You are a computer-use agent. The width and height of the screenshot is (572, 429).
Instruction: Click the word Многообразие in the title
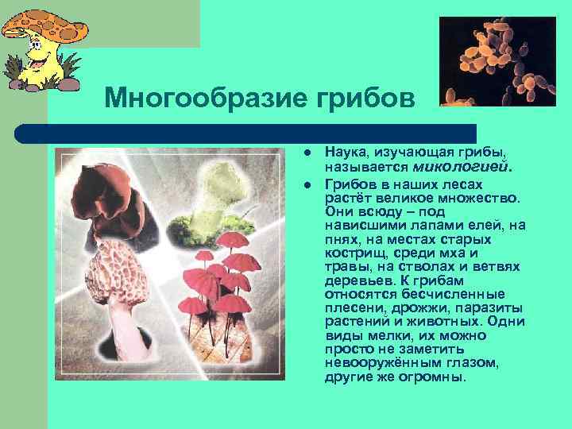coord(199,99)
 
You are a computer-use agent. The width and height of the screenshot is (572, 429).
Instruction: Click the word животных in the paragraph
coord(428,322)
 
